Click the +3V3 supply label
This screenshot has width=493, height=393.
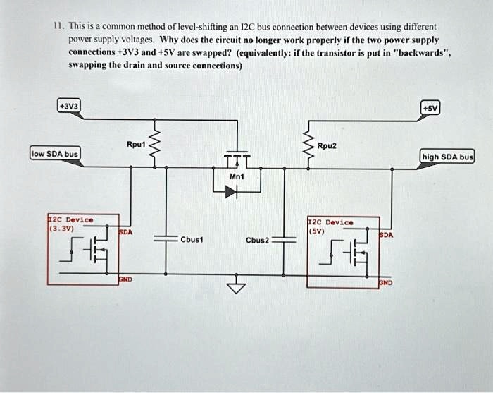pyautogui.click(x=70, y=107)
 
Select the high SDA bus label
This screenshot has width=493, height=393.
pyautogui.click(x=447, y=157)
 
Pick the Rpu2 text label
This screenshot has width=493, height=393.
pyautogui.click(x=327, y=147)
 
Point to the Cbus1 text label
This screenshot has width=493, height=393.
pyautogui.click(x=192, y=239)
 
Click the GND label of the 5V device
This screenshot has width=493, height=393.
pyautogui.click(x=386, y=282)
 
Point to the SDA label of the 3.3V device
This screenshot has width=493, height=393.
pyautogui.click(x=125, y=231)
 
